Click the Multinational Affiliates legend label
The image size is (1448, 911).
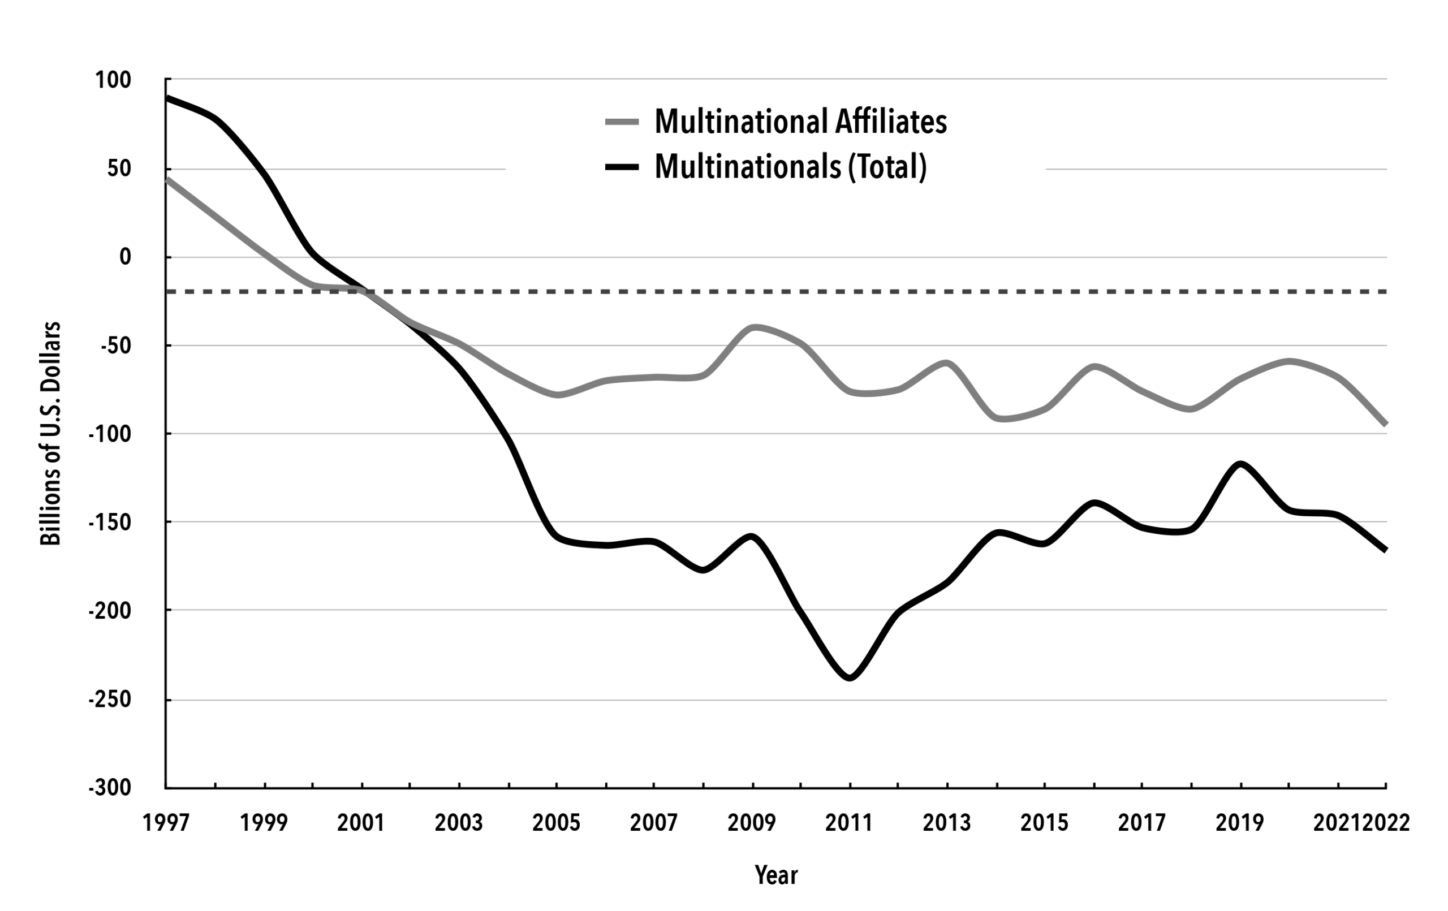tap(800, 122)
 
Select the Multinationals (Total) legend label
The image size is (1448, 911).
tap(790, 167)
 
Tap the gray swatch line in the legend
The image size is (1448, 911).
tap(622, 122)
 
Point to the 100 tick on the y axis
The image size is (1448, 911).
tap(113, 80)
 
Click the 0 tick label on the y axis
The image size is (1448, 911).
tap(124, 257)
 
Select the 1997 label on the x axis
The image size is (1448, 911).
tap(166, 823)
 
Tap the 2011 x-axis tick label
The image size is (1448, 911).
tap(848, 823)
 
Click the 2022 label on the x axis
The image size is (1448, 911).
tap(1386, 823)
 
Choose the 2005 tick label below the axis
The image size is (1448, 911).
tap(556, 823)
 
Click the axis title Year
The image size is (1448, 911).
tap(775, 875)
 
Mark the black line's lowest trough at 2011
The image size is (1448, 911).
tap(849, 677)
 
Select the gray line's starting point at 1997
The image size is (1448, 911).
tap(167, 179)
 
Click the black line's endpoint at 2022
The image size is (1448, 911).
tap(1385, 550)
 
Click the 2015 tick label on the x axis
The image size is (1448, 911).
tap(1045, 823)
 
